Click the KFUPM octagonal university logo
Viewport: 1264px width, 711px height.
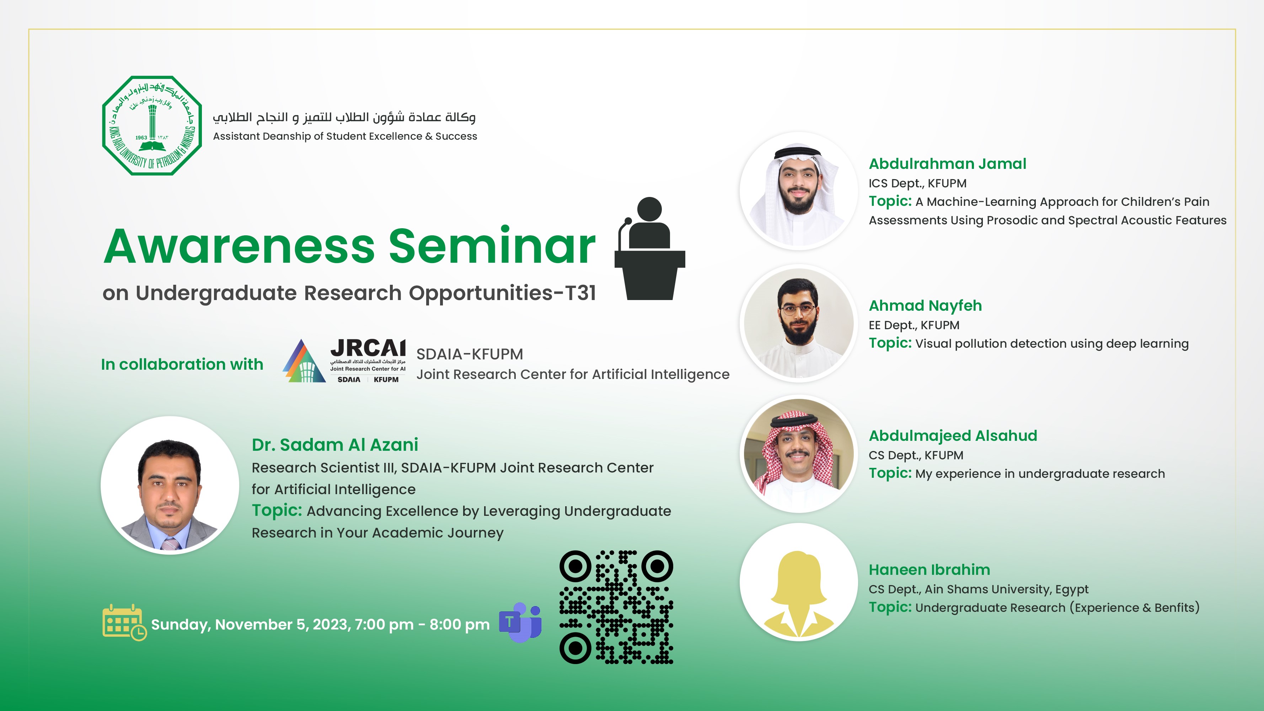pyautogui.click(x=152, y=125)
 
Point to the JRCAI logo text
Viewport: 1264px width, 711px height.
pyautogui.click(x=368, y=348)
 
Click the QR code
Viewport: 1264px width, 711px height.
pyautogui.click(x=616, y=607)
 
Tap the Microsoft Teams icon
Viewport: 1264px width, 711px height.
pyautogui.click(x=520, y=622)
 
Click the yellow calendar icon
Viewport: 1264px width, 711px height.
pyautogui.click(x=124, y=622)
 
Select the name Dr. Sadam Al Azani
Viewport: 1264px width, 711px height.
pyautogui.click(x=334, y=445)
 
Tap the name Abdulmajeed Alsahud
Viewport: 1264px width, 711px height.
pyautogui.click(x=953, y=436)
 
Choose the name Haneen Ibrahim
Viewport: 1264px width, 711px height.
pyautogui.click(x=930, y=570)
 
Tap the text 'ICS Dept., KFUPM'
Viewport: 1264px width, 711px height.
pyautogui.click(x=917, y=183)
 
